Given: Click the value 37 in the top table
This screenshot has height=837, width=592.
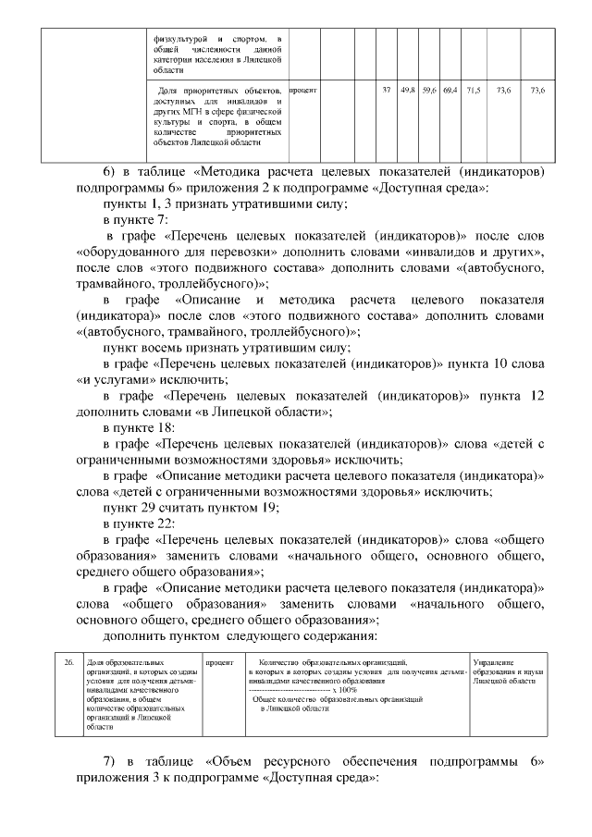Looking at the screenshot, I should tap(386, 90).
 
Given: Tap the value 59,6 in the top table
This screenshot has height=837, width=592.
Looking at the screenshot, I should tap(428, 90).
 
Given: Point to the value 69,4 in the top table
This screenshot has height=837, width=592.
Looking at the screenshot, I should tap(450, 90).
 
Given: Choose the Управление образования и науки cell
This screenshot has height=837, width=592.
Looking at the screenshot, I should tap(504, 671).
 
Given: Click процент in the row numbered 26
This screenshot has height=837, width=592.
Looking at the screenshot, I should tap(219, 662).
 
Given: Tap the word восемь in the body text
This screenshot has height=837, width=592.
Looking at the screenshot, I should tap(171, 348).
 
